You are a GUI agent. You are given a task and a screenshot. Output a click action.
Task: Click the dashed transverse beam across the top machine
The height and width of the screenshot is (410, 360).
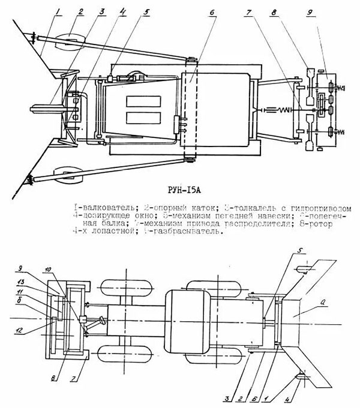[x=189, y=108]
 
